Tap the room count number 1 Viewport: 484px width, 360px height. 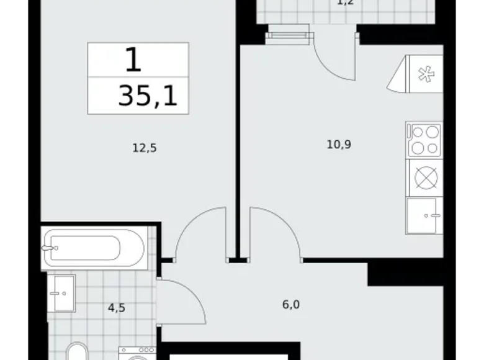click(x=133, y=60)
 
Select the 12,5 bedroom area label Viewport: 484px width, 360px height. click(x=143, y=148)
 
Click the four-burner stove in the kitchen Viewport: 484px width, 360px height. click(x=424, y=140)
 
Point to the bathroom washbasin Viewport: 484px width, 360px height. click(x=61, y=292)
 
